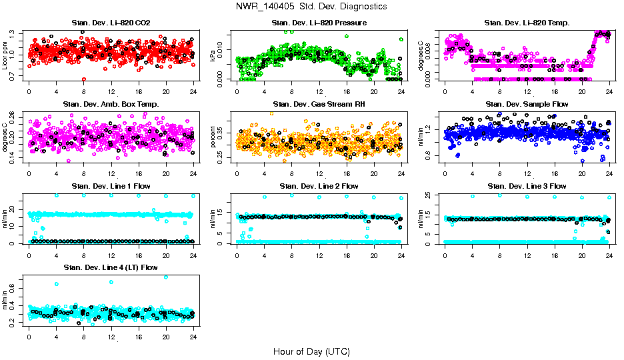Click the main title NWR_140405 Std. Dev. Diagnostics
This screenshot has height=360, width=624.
(311, 7)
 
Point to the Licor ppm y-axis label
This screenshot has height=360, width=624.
(5, 55)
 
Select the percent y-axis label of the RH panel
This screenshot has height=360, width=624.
(213, 136)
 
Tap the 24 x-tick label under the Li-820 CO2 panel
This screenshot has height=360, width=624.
(193, 91)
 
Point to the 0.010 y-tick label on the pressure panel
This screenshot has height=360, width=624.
(221, 50)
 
